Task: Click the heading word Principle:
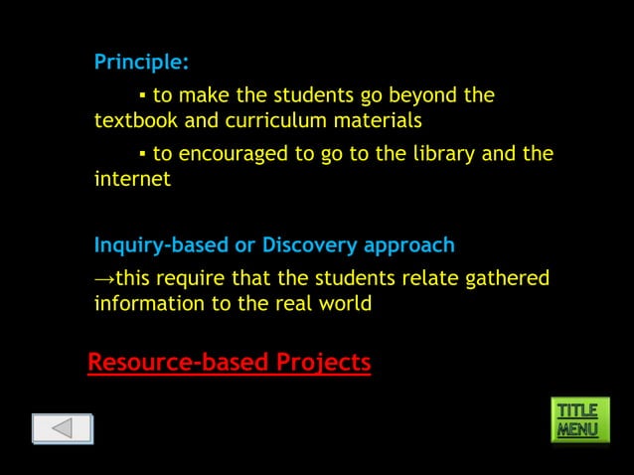click(141, 62)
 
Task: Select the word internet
click(132, 180)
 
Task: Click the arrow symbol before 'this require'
click(104, 278)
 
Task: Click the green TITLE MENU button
click(577, 420)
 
